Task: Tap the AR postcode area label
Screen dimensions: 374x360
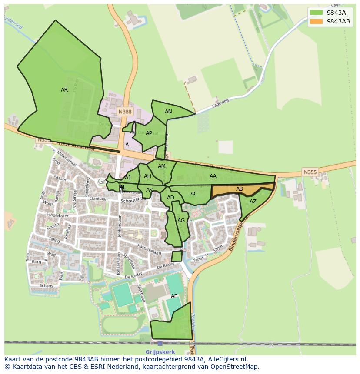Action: [x=64, y=90]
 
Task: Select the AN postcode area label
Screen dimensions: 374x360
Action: [x=168, y=112]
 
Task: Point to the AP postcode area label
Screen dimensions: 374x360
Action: [x=149, y=133]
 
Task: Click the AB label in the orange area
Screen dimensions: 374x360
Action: [x=240, y=189]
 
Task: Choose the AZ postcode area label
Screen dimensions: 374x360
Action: [x=253, y=202]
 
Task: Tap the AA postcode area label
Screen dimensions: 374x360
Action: [x=213, y=176]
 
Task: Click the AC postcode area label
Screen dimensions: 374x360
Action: [x=194, y=194]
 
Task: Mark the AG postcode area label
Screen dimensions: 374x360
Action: [x=181, y=221]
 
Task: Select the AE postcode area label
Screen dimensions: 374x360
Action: [x=174, y=296]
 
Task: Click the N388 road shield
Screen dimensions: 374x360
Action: [x=125, y=112]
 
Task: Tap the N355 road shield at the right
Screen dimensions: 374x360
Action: [x=310, y=172]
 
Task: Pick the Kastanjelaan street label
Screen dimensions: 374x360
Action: [x=149, y=249]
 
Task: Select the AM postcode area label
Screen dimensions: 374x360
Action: [x=162, y=166]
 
